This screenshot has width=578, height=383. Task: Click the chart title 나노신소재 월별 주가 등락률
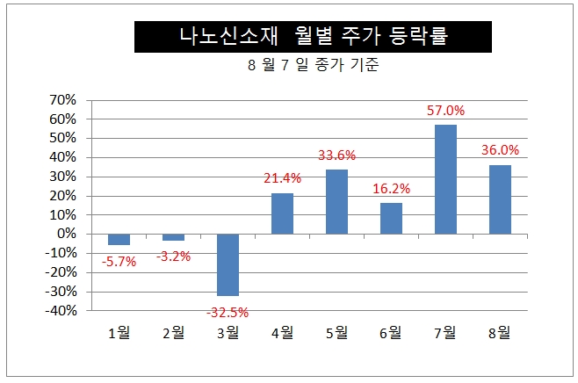click(x=300, y=37)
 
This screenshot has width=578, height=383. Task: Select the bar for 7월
click(x=445, y=179)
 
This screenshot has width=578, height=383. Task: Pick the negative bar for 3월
click(x=228, y=264)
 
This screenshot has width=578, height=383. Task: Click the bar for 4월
click(x=282, y=213)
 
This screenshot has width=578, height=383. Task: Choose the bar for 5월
click(x=336, y=201)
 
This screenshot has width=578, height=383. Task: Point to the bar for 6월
click(x=391, y=218)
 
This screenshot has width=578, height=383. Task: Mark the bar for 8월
click(x=500, y=199)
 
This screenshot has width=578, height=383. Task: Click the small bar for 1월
click(x=119, y=239)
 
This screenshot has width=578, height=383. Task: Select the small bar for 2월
click(x=173, y=237)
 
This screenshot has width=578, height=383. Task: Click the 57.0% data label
click(x=445, y=111)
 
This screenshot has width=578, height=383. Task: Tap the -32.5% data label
click(x=227, y=312)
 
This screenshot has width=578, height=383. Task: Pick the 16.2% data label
click(x=391, y=188)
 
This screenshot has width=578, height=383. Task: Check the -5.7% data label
click(x=119, y=262)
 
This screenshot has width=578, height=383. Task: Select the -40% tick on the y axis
click(x=61, y=310)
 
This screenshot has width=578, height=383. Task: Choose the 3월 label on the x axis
click(x=228, y=332)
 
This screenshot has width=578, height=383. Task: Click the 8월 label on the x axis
click(x=500, y=332)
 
